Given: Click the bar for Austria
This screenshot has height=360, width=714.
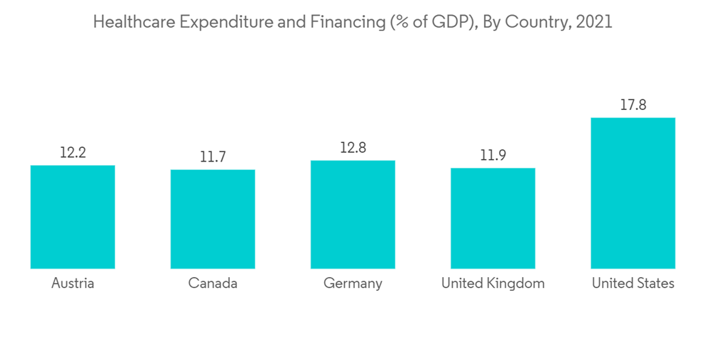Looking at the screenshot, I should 73,217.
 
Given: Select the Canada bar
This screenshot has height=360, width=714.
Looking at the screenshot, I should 213,219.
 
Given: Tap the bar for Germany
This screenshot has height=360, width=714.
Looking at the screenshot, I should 353,214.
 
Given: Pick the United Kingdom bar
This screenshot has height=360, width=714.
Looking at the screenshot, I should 493,219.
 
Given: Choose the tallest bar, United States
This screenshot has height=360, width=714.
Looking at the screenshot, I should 633,193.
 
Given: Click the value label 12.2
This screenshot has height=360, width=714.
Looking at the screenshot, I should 73,152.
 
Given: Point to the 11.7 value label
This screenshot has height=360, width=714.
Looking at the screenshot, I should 213,157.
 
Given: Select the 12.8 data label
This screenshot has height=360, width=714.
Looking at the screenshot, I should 353,148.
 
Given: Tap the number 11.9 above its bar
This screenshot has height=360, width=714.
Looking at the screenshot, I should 493,156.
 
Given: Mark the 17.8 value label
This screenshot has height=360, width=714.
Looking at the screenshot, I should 633,105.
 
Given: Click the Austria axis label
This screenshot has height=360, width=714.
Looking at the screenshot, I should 73,284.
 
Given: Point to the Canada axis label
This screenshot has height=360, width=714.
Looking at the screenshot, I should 213,284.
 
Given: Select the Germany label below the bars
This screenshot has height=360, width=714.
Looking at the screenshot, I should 353,284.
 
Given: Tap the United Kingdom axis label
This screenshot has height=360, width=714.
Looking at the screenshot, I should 493,284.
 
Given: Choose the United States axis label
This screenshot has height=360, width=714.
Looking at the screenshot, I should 633,284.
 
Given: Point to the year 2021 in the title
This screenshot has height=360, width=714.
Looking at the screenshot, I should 593,22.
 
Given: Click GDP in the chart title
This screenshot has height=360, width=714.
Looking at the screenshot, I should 448,22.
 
